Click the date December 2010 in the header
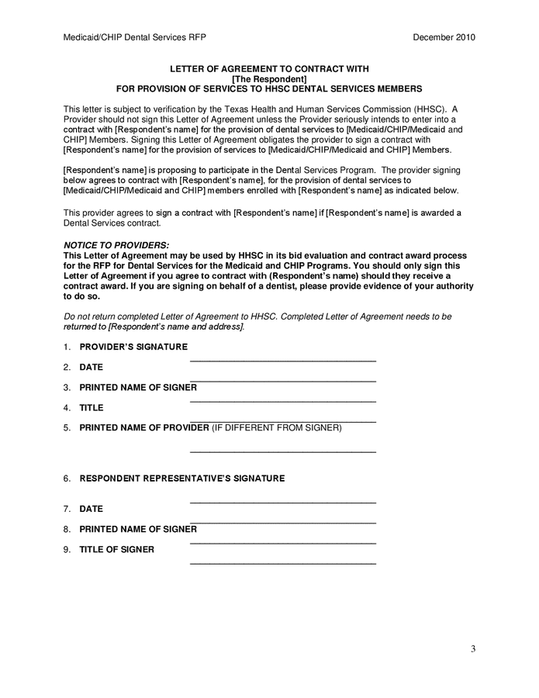444,37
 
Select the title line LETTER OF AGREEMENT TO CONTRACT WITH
269,69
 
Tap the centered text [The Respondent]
269,79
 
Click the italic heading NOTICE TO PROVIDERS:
116,245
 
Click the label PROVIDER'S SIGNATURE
133,347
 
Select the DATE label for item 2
91,367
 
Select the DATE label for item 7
91,509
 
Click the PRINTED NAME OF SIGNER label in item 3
138,387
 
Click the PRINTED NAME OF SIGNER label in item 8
138,529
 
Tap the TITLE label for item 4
92,407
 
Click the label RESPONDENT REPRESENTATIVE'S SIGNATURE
182,479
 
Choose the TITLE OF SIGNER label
116,549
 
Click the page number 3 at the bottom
472,648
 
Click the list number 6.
67,479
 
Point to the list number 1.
67,347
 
